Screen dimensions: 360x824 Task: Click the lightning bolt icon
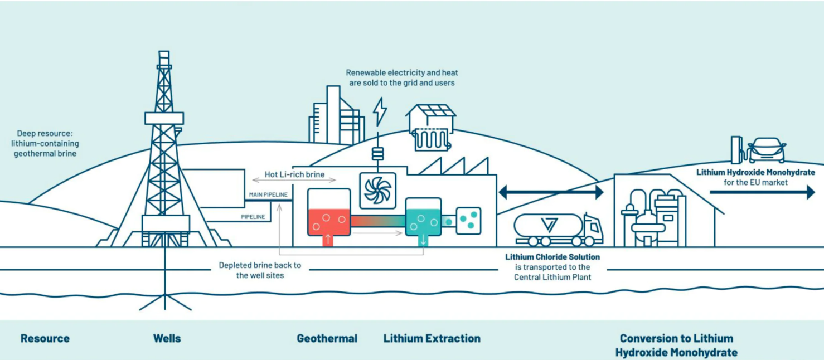click(x=380, y=111)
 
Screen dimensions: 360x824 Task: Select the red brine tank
click(x=329, y=213)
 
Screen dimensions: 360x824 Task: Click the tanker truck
click(x=558, y=229)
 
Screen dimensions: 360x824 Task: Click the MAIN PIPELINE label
click(x=268, y=194)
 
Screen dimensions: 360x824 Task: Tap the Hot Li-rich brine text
click(x=294, y=174)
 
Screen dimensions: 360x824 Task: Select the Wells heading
click(x=167, y=338)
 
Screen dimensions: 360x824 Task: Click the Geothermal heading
click(x=327, y=338)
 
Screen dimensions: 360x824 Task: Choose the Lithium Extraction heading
click(x=432, y=338)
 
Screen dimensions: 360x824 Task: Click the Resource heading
click(x=45, y=338)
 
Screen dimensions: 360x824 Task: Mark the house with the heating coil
click(x=430, y=127)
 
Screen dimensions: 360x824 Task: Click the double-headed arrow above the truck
click(x=551, y=192)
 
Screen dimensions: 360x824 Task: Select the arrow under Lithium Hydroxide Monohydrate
click(x=762, y=192)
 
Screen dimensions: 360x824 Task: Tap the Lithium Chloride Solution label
click(x=552, y=257)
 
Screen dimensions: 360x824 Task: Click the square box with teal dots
click(x=468, y=220)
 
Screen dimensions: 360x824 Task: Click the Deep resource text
click(x=45, y=143)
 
